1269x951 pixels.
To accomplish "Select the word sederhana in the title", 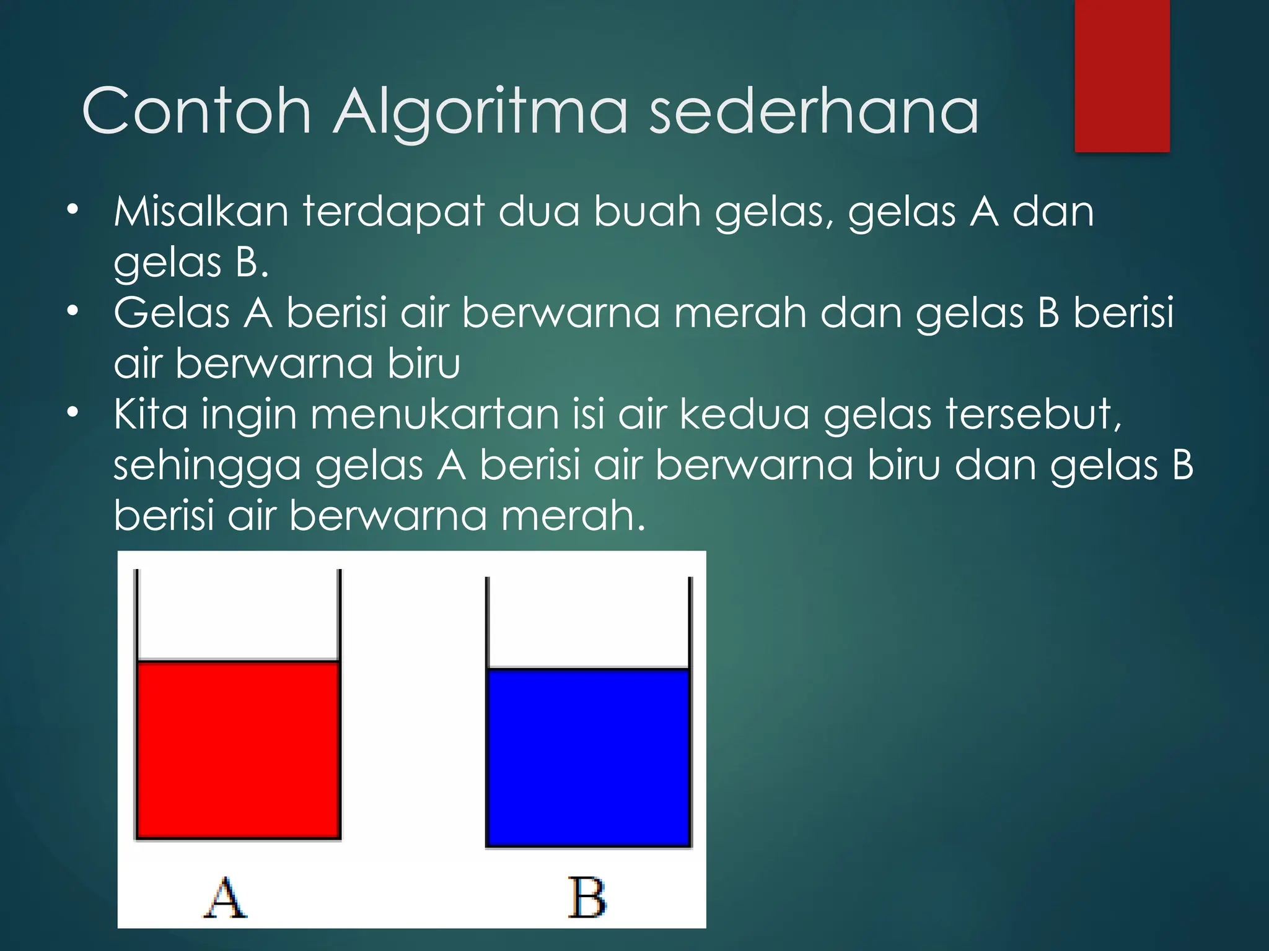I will point(813,111).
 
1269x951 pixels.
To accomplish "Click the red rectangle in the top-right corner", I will point(1122,76).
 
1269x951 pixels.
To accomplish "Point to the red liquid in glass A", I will point(238,750).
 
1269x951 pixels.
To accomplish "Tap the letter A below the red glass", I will point(226,897).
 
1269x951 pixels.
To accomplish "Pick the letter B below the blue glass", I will point(587,897).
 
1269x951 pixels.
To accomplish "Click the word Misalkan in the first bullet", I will point(201,212).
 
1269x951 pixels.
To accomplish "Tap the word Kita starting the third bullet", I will point(151,414).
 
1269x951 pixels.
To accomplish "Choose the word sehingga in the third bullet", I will point(207,466).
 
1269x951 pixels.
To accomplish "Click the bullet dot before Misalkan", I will point(73,210).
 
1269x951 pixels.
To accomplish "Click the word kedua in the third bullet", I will point(744,414).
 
